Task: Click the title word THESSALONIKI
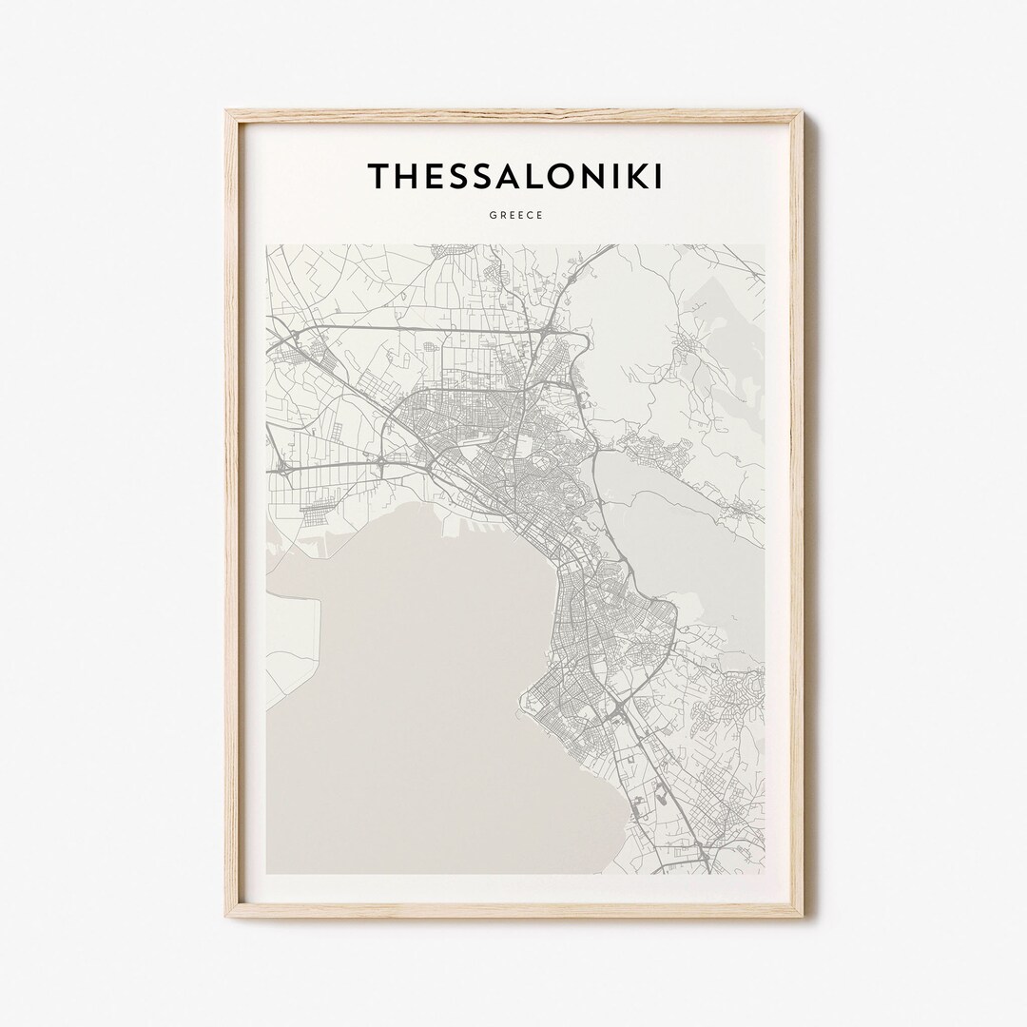point(514,176)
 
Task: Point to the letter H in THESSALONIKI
point(405,176)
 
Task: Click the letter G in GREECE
point(493,215)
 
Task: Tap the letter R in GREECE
point(502,215)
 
